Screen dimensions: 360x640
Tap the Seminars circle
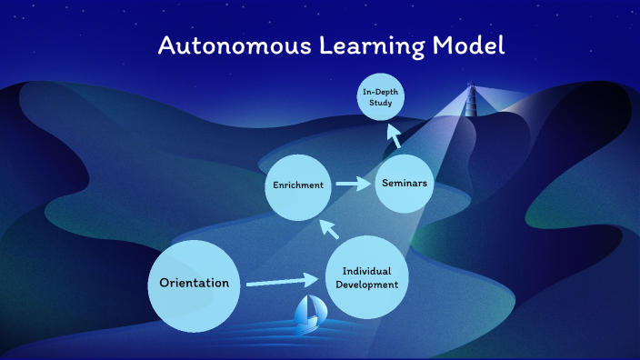(405, 185)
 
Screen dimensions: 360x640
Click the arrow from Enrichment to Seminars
(352, 185)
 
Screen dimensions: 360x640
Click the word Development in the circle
(367, 285)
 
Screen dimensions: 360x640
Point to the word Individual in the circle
(367, 271)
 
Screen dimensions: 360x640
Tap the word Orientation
(194, 283)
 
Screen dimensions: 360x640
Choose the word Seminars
(405, 185)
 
